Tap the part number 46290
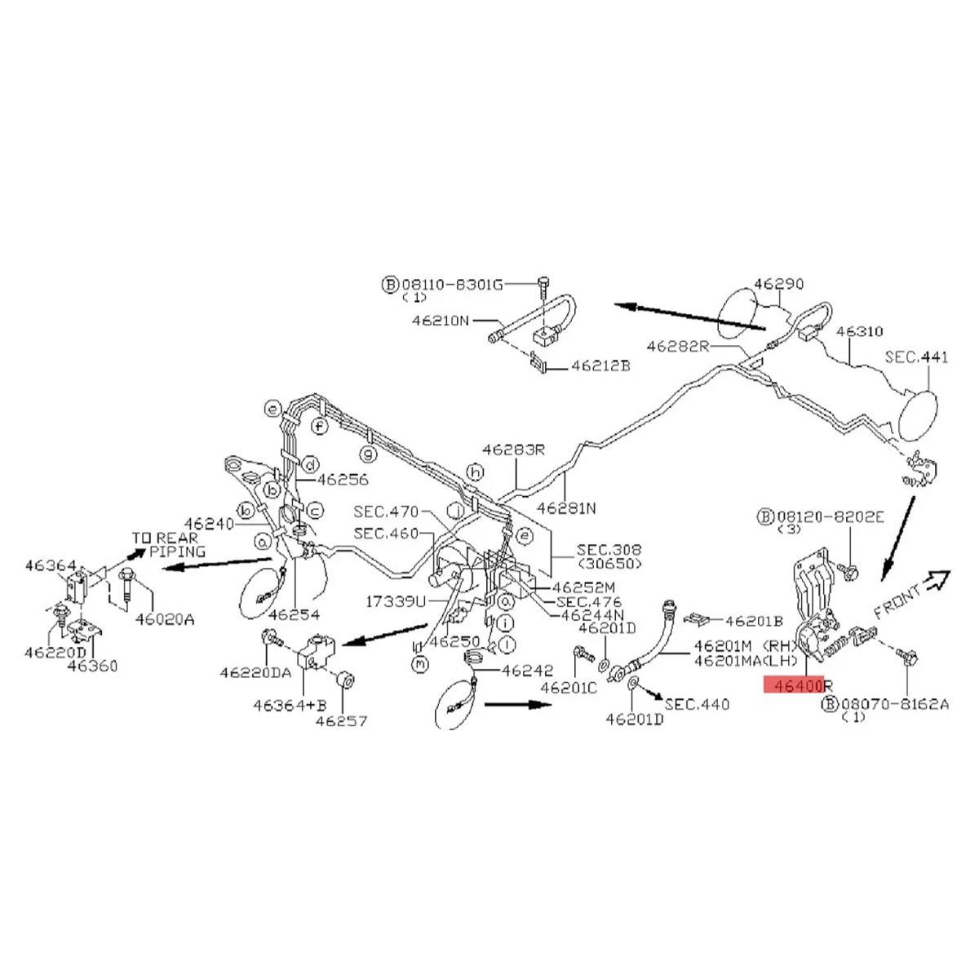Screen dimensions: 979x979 pos(778,284)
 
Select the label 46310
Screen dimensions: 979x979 pos(859,332)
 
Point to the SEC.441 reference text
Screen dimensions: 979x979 pos(917,357)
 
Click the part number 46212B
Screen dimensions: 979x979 pos(600,366)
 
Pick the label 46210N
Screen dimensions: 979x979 pos(441,321)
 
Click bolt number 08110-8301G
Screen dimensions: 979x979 pos(451,285)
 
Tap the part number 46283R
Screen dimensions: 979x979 pos(512,449)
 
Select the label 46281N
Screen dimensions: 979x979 pos(566,507)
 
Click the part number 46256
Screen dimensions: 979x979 pos(343,480)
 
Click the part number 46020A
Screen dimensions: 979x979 pos(165,619)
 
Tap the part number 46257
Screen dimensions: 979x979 pos(342,720)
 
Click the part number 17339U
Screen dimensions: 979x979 pos(396,601)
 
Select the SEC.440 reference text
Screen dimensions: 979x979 pos(697,703)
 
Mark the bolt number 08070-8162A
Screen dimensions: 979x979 pos(894,703)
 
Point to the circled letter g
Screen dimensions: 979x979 pos(369,453)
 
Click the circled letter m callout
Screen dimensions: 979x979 pos(420,665)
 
